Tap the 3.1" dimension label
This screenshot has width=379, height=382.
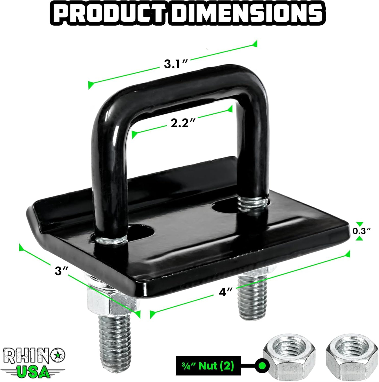pyautogui.click(x=176, y=64)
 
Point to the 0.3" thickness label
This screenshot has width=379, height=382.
pyautogui.click(x=361, y=231)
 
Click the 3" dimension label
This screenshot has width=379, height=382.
pyautogui.click(x=61, y=271)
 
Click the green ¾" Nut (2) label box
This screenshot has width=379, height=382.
pyautogui.click(x=208, y=366)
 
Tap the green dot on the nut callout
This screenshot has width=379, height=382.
pyautogui.click(x=262, y=366)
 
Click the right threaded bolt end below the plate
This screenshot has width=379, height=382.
pyautogui.click(x=252, y=297)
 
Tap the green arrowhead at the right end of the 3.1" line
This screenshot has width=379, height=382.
pyautogui.click(x=254, y=44)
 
